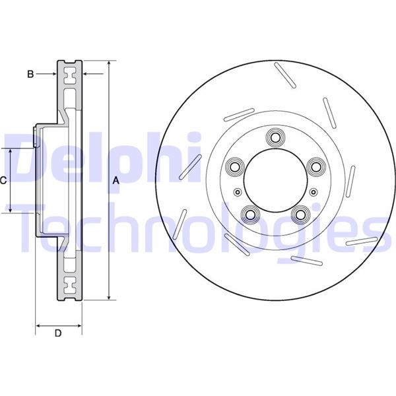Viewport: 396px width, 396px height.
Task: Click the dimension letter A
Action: tap(115, 181)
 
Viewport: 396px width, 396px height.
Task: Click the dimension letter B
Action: tap(30, 74)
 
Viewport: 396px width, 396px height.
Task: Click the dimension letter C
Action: tap(3, 181)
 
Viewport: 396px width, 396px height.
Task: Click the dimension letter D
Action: tap(58, 333)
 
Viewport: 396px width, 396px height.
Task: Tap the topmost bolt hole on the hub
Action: tap(275, 137)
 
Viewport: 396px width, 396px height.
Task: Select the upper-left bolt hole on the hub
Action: tap(235, 166)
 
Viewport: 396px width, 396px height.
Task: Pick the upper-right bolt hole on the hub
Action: tap(315, 166)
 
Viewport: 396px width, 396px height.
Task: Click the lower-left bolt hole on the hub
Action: tap(251, 214)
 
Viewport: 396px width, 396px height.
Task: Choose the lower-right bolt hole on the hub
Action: tap(300, 214)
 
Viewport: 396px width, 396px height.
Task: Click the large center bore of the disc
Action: tap(275, 180)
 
